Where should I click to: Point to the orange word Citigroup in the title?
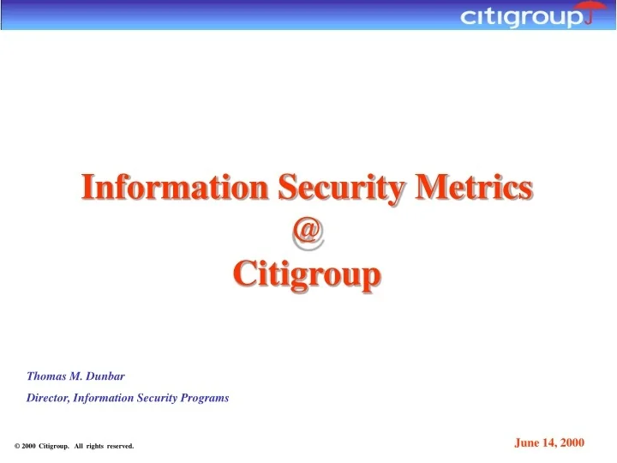point(307,275)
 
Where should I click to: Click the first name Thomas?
point(45,376)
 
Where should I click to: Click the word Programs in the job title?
point(205,398)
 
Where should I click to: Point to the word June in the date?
point(526,442)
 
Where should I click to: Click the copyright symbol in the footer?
point(17,446)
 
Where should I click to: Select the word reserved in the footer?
point(119,446)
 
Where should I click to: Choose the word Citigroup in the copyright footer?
point(54,446)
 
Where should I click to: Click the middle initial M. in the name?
point(75,376)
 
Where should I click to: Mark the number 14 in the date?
point(548,442)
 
